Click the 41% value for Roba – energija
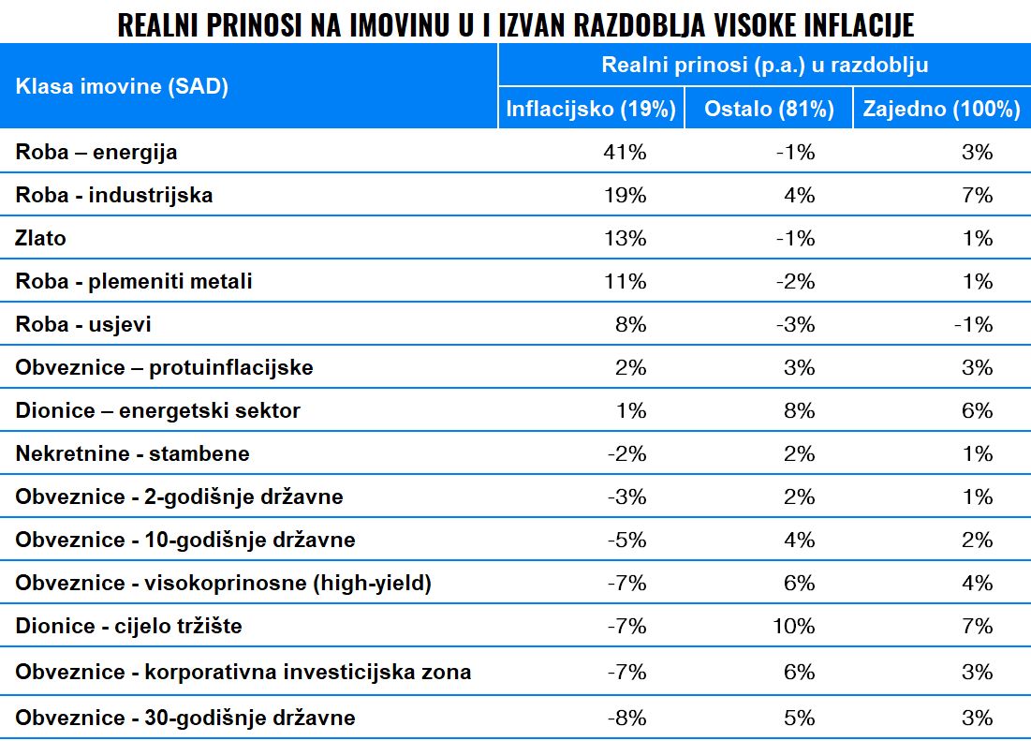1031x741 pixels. coord(625,152)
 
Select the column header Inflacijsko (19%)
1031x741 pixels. coord(591,109)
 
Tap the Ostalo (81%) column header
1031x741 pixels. coord(769,109)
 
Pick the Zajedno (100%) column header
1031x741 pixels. coord(941,109)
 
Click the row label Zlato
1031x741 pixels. coord(41,238)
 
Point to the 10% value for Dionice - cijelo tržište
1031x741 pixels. coord(795,626)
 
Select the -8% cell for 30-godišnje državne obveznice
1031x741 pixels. coord(626,719)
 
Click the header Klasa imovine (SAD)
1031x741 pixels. coord(122,87)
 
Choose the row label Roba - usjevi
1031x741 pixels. coord(83,324)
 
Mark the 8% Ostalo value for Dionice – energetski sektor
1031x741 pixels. coord(802,410)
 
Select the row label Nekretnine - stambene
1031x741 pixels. coord(132,453)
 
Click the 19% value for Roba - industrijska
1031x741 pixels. coord(625,195)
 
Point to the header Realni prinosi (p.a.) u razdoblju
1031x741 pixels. coord(764,65)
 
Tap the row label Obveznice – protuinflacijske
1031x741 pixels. coord(164,367)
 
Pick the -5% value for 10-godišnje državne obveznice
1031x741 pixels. coord(626,540)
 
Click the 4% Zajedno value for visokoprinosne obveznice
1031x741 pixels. coord(977,583)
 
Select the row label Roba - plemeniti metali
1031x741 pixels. coord(134,281)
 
